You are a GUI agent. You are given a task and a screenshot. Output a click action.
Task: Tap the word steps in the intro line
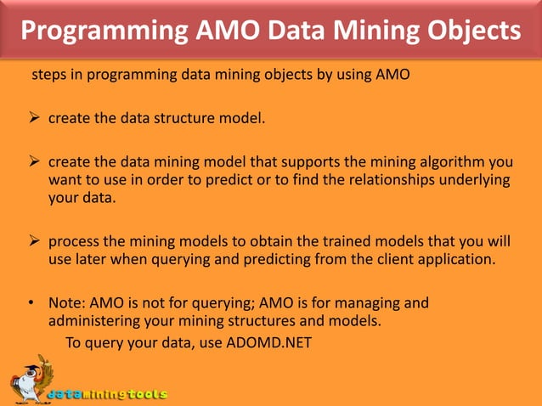pyautogui.click(x=49, y=75)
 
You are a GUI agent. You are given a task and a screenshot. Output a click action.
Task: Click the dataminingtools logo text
pyautogui.click(x=107, y=394)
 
